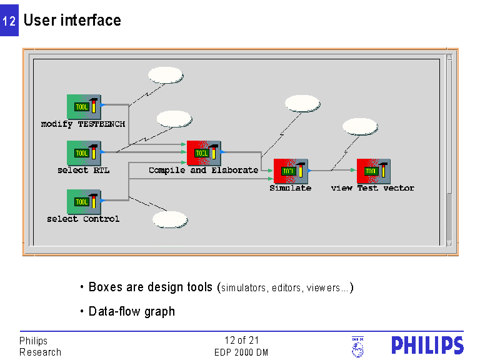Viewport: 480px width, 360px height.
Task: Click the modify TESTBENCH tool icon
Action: pos(84,107)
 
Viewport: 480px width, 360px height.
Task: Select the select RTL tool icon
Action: pos(84,153)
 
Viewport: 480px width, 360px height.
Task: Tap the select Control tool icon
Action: pos(84,202)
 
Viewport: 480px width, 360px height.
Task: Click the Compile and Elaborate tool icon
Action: pos(204,153)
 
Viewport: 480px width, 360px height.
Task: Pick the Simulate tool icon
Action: pos(291,171)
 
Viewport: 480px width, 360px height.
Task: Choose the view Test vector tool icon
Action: pos(374,171)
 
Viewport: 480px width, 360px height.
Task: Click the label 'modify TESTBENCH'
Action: pos(83,124)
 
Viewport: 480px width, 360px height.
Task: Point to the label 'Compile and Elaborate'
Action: pos(203,170)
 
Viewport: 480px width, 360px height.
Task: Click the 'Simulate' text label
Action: pos(290,187)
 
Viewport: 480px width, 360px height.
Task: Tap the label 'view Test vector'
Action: pos(372,187)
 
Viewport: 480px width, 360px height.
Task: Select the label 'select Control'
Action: pos(83,219)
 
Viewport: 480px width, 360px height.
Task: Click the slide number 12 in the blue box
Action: pos(9,21)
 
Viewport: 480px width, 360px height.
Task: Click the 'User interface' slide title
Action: pos(72,20)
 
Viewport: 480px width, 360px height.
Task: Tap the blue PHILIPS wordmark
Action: pos(427,346)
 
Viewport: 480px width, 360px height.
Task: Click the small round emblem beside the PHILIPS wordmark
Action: pos(357,347)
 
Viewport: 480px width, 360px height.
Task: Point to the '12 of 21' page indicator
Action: pos(241,341)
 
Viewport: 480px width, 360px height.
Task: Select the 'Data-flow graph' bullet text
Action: pos(132,311)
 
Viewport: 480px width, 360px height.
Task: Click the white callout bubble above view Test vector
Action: pos(361,126)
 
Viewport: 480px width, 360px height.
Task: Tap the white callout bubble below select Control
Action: pos(170,219)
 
